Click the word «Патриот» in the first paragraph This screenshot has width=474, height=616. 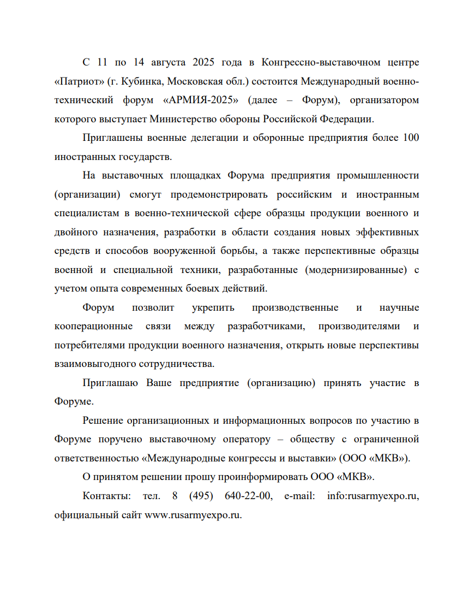point(77,81)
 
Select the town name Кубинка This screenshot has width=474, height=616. point(141,81)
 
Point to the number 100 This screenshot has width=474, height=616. point(410,138)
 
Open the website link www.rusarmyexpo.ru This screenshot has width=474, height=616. point(193,514)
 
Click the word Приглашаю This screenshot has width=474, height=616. point(112,383)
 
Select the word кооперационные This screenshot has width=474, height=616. point(93,326)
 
